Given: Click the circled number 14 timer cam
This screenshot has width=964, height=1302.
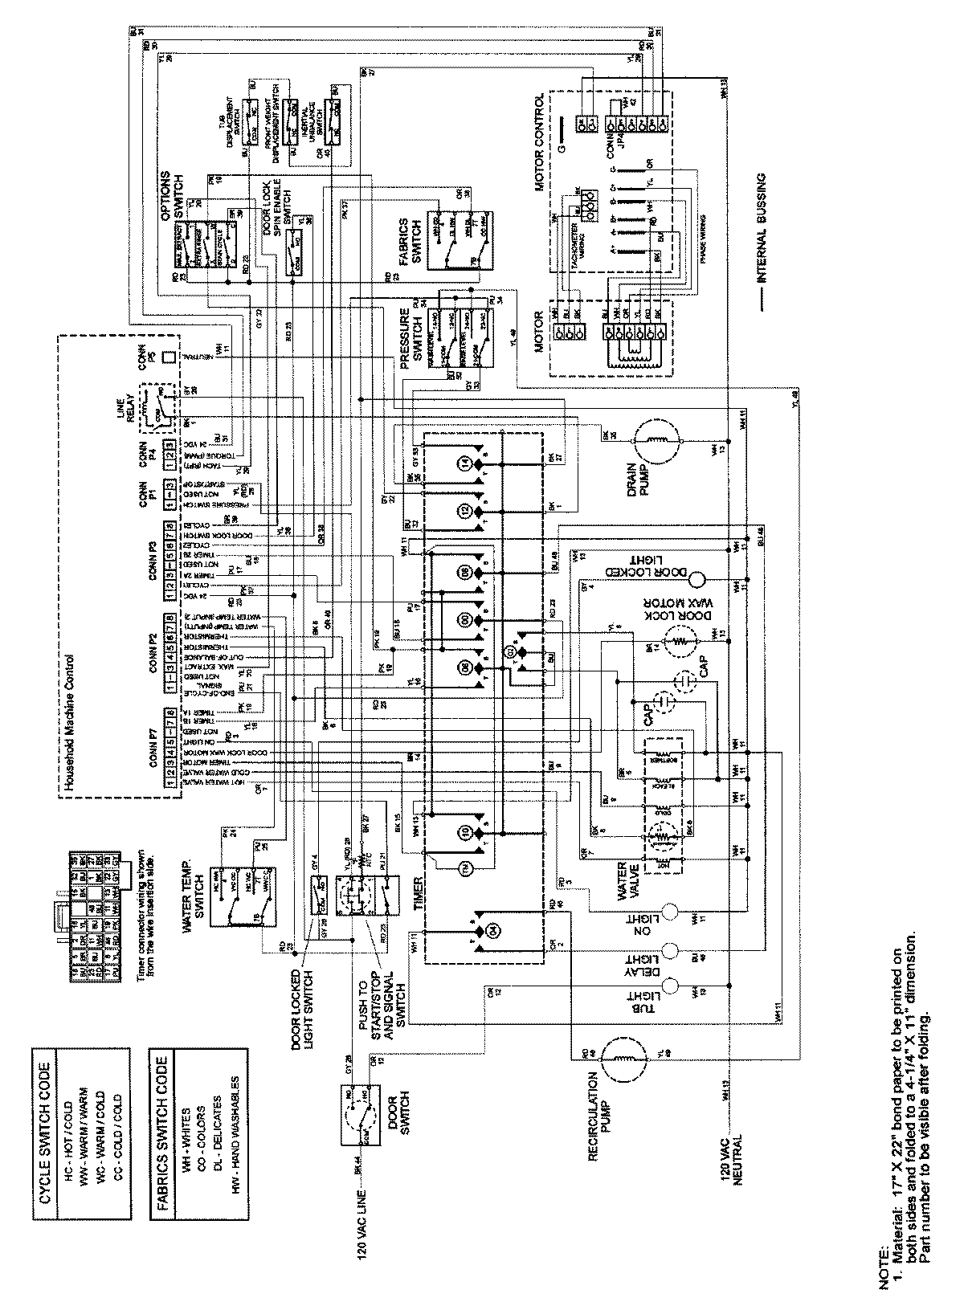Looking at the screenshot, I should (x=466, y=463).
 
